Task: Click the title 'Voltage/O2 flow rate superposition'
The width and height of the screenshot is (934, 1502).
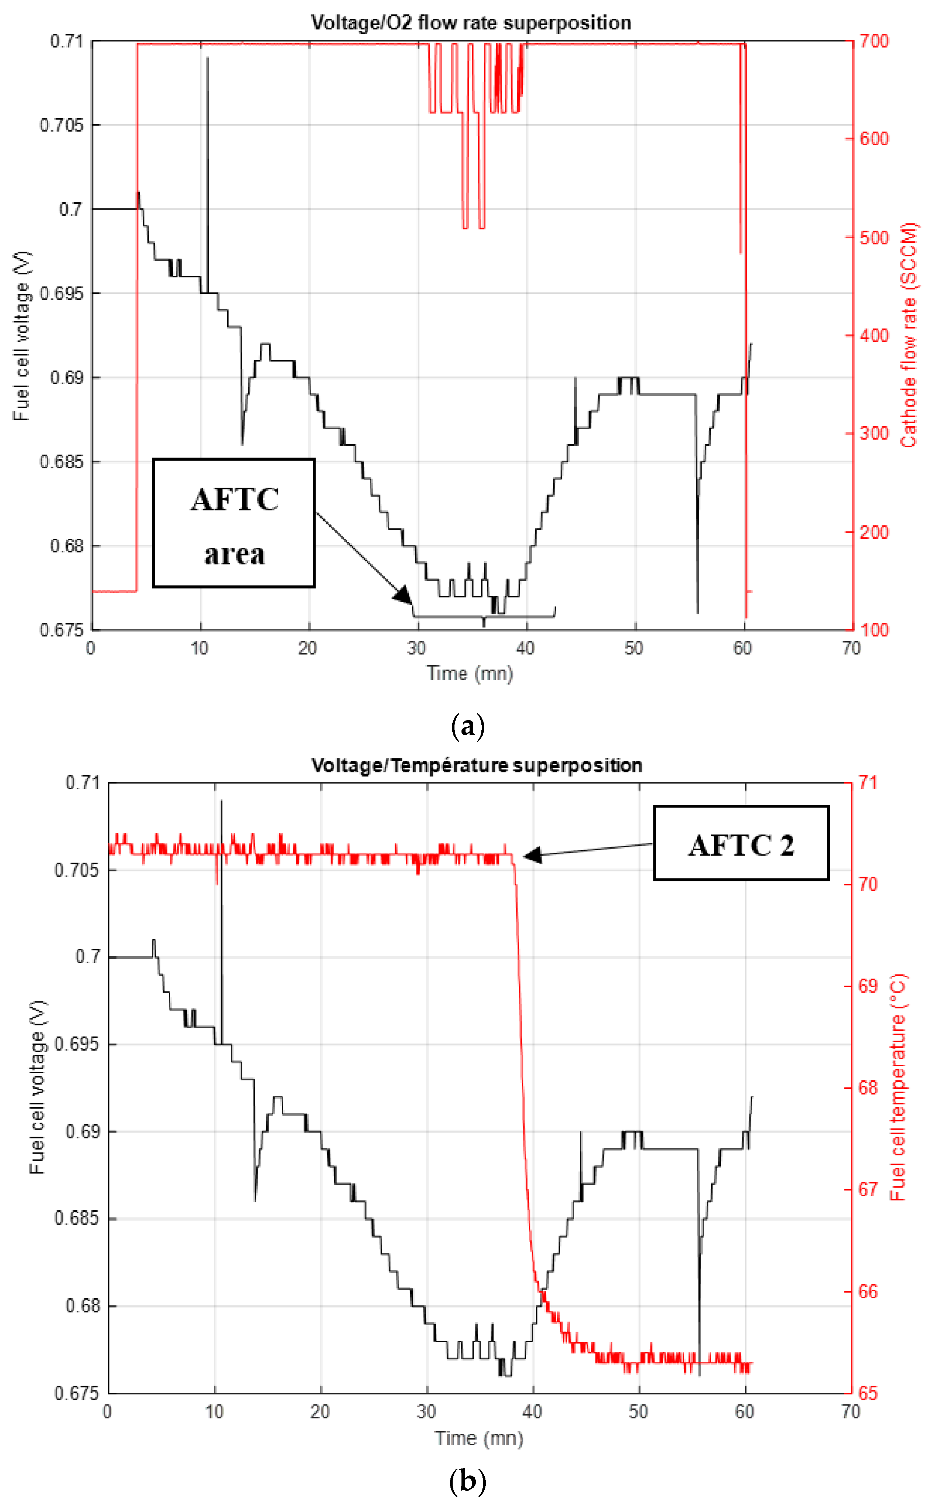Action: (471, 23)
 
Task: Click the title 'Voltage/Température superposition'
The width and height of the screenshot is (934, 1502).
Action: (476, 765)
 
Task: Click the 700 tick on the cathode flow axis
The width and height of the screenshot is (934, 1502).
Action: (874, 41)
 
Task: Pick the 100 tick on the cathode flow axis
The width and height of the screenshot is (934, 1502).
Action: (874, 630)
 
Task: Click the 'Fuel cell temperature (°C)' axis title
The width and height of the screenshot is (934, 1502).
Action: (898, 1087)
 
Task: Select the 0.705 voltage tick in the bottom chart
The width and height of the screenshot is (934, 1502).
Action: (77, 870)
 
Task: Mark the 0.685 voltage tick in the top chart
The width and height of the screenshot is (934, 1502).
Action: (61, 462)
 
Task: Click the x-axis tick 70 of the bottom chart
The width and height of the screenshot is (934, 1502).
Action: (851, 1412)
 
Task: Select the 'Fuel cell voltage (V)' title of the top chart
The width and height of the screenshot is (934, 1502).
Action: (22, 336)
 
